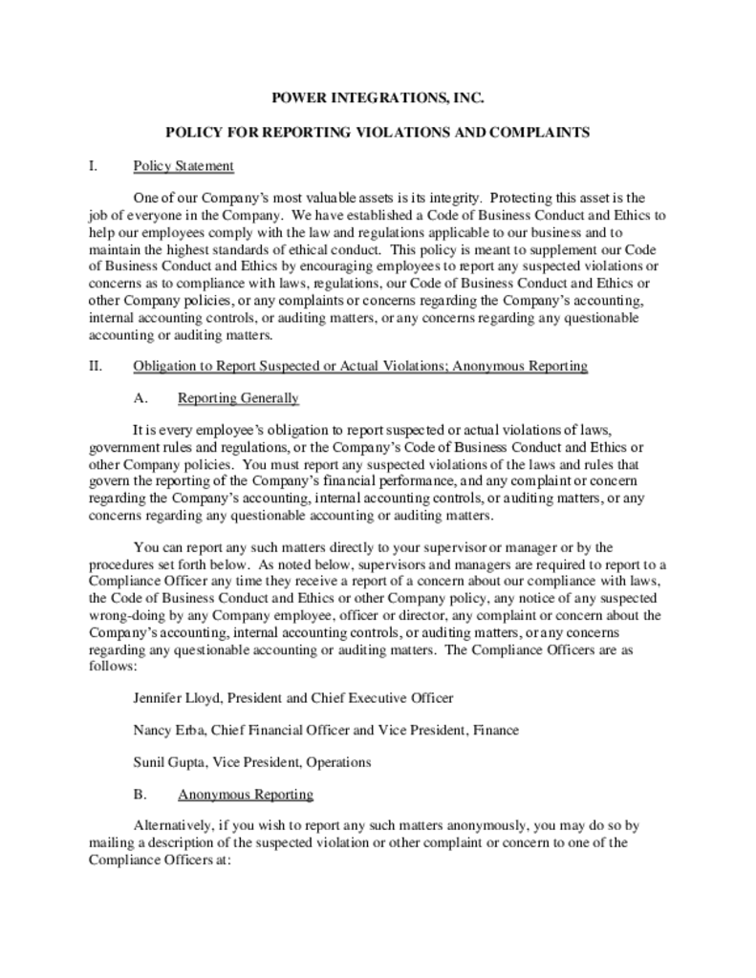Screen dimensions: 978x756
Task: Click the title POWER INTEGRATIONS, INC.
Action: pos(378,97)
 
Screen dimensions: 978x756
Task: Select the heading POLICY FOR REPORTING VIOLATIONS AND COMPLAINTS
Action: pos(378,132)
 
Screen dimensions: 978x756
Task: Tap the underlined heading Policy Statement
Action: pos(184,166)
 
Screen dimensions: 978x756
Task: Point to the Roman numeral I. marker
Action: pos(93,166)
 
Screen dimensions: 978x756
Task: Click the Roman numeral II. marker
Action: pos(95,366)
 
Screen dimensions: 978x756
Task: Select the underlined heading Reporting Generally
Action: pos(238,398)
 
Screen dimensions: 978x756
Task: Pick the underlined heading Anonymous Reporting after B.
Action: pos(246,795)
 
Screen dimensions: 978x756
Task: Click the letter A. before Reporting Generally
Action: pos(140,398)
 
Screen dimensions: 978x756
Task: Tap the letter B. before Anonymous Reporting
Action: pos(140,795)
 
